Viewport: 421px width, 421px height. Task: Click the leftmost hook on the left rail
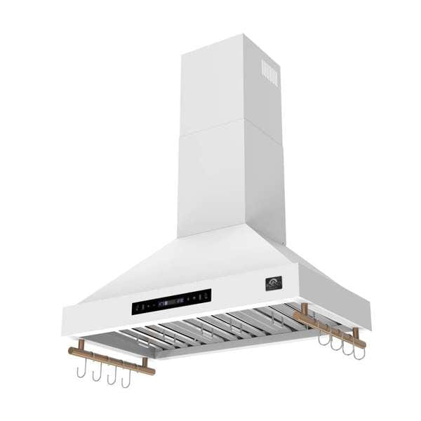(x=81, y=370)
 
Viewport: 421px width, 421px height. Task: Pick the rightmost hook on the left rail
(x=126, y=380)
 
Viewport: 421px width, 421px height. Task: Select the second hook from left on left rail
(x=97, y=373)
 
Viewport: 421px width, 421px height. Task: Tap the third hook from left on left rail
(x=112, y=376)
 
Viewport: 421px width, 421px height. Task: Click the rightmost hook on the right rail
(x=359, y=351)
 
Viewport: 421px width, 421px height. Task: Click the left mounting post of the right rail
(x=305, y=310)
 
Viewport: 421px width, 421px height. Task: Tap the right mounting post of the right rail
(x=356, y=334)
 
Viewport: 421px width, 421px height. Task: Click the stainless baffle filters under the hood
(x=210, y=328)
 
